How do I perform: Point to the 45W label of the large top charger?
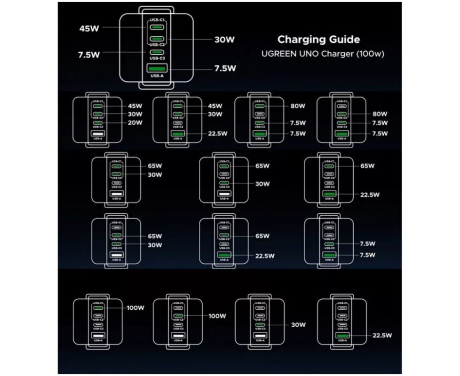click(89, 28)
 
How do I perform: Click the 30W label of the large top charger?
click(224, 40)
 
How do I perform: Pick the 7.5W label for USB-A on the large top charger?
click(225, 69)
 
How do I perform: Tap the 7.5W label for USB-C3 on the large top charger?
click(89, 55)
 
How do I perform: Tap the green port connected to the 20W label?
click(98, 123)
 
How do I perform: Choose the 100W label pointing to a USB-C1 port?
click(135, 308)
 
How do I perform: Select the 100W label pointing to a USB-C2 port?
click(217, 316)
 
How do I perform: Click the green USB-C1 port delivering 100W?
click(98, 308)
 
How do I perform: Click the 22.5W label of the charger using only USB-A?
click(382, 335)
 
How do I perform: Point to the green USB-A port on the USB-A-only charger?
click(342, 335)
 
